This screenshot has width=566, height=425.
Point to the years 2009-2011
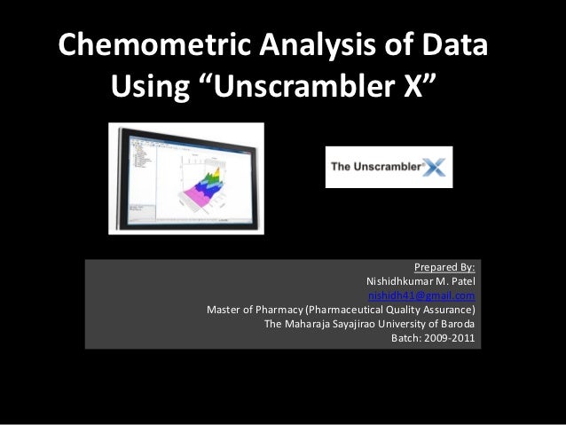(452, 338)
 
